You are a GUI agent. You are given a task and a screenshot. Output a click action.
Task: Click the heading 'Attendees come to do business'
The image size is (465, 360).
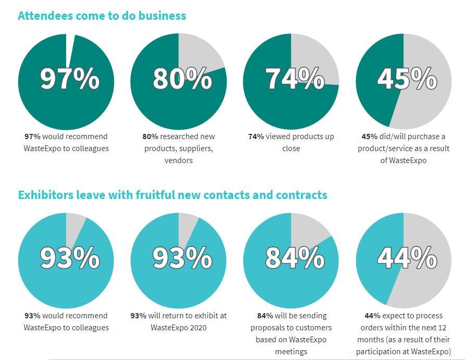click(102, 16)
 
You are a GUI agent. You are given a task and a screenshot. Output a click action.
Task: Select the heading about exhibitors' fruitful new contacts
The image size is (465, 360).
click(172, 195)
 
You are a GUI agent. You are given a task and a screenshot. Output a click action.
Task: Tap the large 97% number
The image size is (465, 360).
click(69, 79)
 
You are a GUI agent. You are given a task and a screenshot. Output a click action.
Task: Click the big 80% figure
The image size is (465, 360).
click(182, 79)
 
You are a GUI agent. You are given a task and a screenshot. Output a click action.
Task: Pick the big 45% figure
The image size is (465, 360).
click(407, 79)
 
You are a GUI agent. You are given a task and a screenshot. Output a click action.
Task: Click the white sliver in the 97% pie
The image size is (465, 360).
click(70, 44)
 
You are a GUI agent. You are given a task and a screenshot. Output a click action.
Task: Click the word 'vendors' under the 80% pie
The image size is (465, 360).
click(179, 160)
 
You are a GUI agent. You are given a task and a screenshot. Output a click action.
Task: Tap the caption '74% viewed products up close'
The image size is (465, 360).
click(291, 142)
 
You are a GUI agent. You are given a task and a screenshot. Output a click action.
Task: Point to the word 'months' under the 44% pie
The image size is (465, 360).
click(370, 340)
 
